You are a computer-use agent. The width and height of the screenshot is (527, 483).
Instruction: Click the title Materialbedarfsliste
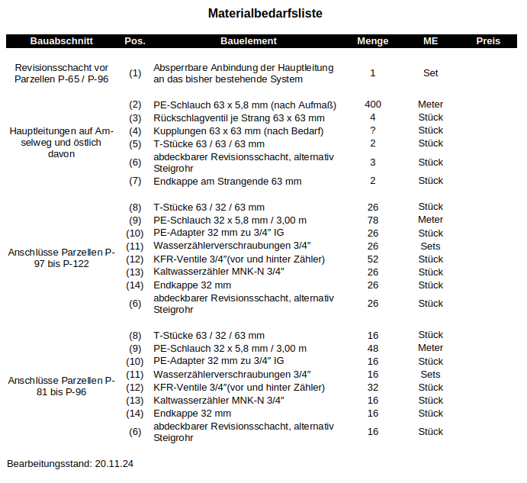[259, 14]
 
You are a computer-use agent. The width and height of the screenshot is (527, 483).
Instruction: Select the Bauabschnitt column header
[62, 41]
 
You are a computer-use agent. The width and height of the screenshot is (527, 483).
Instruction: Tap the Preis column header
[488, 41]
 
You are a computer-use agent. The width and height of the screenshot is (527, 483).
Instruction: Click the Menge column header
[372, 41]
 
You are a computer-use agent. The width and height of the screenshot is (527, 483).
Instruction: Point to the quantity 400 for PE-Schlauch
[372, 105]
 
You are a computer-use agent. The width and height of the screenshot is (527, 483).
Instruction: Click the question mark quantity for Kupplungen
[372, 130]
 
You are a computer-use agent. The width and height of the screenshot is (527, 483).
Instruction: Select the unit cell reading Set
[430, 73]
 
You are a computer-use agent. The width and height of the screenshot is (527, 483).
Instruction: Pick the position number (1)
[135, 73]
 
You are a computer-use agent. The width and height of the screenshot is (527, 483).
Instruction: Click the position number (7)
[135, 182]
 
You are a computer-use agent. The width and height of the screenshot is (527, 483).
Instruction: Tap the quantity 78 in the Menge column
[372, 221]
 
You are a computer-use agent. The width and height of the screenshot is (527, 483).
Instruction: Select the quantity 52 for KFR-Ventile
[372, 259]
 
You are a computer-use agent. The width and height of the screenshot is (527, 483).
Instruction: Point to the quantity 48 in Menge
[372, 349]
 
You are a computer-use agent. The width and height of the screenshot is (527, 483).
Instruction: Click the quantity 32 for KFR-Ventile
[372, 388]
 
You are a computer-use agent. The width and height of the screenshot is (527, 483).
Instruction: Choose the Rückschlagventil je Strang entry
[239, 118]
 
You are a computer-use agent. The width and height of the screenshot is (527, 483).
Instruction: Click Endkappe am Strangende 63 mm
[227, 182]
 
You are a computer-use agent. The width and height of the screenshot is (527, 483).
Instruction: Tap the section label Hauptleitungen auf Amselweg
[62, 143]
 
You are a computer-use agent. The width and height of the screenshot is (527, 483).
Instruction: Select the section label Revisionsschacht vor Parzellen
[62, 73]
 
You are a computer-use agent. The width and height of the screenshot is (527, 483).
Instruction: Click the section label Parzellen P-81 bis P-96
[62, 386]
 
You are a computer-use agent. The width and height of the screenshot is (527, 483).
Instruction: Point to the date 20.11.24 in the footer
[114, 463]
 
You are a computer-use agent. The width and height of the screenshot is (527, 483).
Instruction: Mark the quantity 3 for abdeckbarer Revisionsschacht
[372, 163]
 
